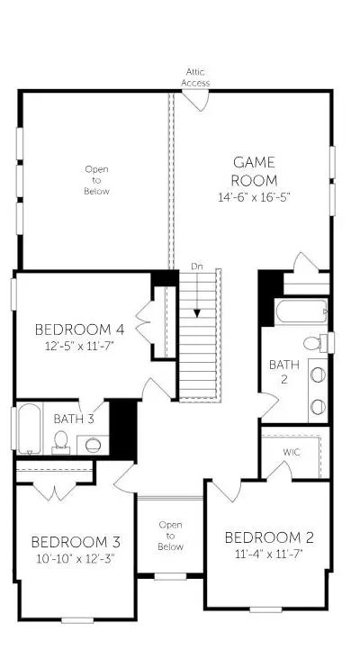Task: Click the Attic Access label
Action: point(195,77)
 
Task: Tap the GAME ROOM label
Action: point(255,171)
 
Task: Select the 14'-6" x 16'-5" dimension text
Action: point(255,198)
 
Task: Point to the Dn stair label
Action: point(196,266)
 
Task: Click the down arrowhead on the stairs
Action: point(197,313)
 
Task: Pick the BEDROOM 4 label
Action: point(79,329)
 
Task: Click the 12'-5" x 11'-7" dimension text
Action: point(80,346)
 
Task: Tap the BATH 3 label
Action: point(74,419)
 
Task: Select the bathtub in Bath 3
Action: point(30,429)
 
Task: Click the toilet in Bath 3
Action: point(61,442)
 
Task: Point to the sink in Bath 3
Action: point(93,446)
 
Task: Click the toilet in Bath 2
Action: point(317,343)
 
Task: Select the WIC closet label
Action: point(292,453)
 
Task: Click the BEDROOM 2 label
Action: point(269,537)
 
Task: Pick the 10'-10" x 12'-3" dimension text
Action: point(76,559)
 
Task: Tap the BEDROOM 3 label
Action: point(76,542)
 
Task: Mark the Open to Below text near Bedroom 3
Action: point(170,536)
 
